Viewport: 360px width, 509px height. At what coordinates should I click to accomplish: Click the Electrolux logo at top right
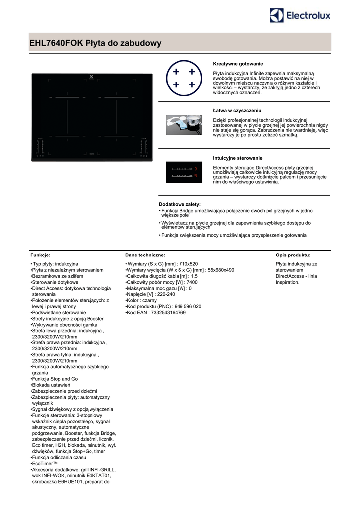pos(300,16)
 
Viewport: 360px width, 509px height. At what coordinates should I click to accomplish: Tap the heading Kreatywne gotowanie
pos(238,64)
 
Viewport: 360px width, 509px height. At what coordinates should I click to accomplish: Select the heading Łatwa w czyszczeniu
pos(237,110)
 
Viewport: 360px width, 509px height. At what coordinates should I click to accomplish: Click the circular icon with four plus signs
pos(184,79)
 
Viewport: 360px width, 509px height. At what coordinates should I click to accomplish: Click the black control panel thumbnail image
pos(184,172)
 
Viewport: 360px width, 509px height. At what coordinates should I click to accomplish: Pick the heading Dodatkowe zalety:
pos(180,204)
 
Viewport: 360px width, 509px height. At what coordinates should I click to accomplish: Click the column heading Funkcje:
pos(41,254)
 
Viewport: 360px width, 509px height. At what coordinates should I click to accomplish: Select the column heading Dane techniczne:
pos(142,254)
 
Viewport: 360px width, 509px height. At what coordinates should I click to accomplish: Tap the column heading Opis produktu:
pos(293,254)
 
